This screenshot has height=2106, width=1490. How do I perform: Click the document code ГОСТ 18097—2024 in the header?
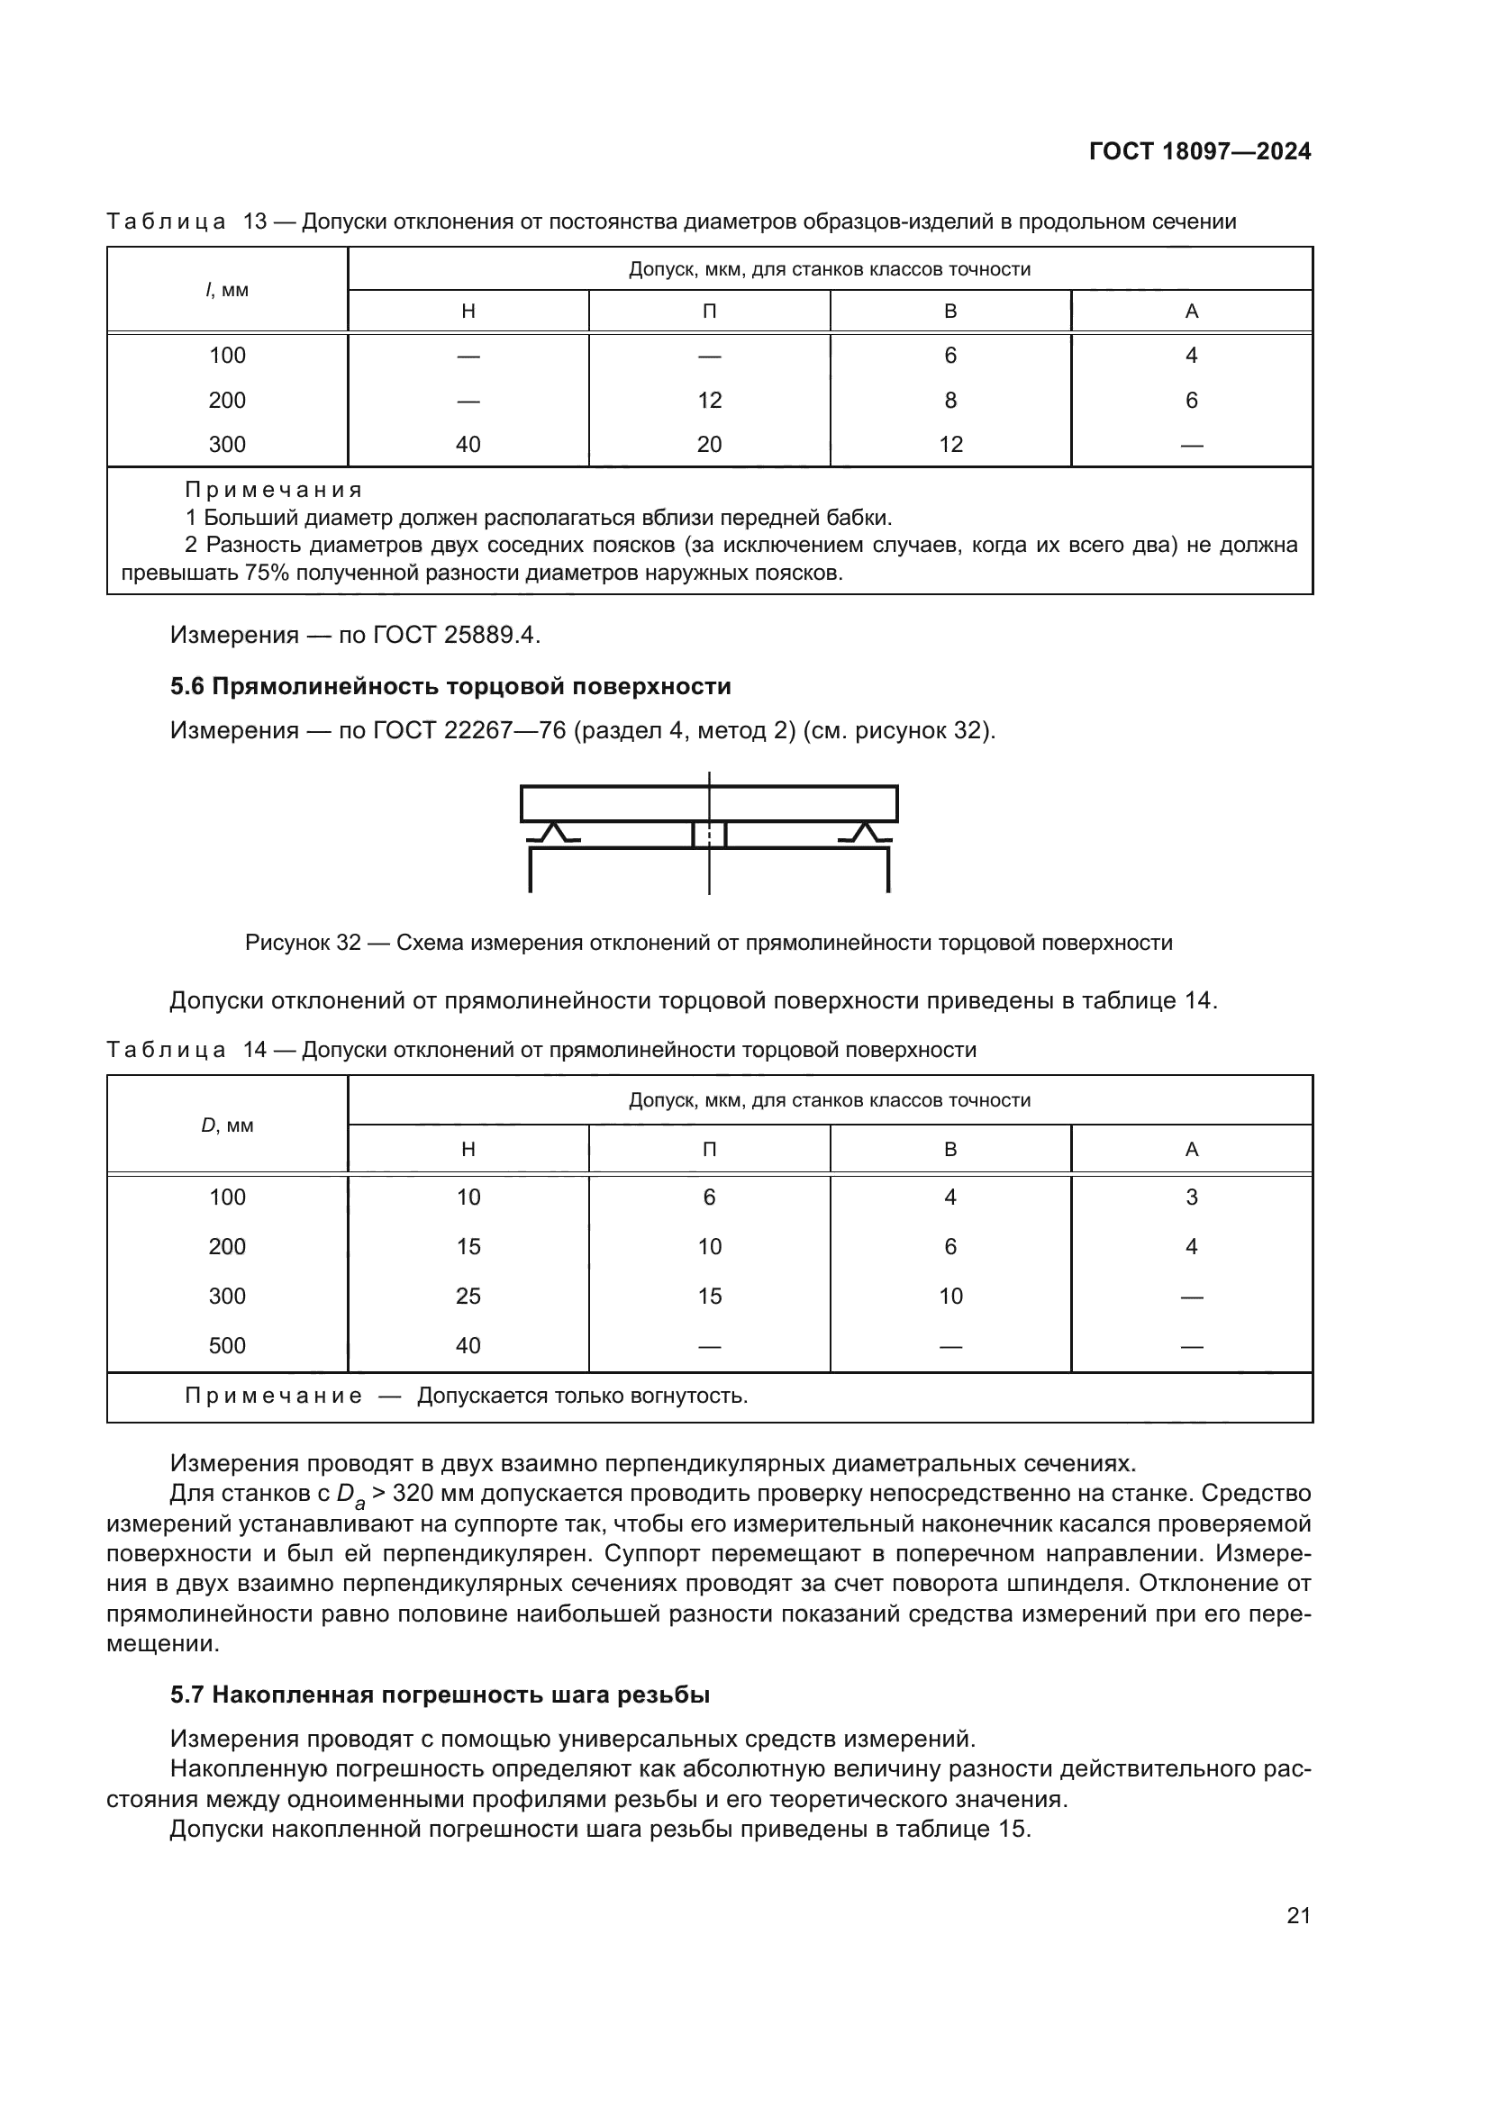(1199, 151)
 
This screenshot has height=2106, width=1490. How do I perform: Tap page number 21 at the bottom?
(1298, 1915)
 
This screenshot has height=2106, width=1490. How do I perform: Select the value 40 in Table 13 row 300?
(468, 445)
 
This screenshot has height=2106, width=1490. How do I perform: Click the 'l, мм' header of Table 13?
(227, 290)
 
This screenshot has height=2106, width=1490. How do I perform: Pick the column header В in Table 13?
(949, 311)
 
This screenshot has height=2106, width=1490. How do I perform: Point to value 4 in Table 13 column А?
(1191, 355)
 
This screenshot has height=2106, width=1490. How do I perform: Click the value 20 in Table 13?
(709, 445)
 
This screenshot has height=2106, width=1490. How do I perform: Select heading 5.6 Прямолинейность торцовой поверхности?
(450, 686)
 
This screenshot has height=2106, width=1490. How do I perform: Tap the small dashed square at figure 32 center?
(709, 835)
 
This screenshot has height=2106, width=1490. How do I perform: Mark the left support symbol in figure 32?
(553, 833)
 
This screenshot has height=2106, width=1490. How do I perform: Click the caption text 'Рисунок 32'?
(303, 943)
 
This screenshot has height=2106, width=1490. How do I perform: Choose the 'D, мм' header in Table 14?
(227, 1125)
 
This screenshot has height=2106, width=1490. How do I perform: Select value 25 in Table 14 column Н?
(468, 1296)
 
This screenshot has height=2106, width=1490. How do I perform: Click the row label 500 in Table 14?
(227, 1345)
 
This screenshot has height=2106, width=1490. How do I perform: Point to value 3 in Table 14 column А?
(1191, 1197)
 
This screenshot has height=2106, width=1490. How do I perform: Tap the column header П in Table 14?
(709, 1149)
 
